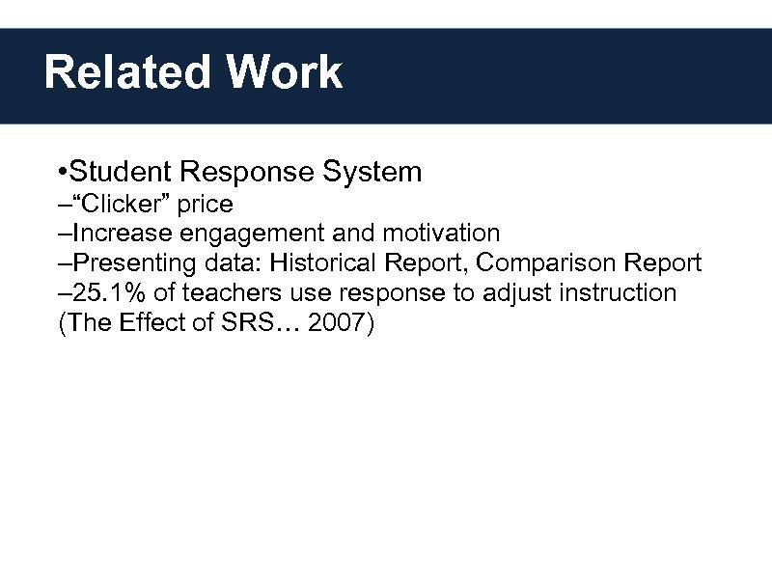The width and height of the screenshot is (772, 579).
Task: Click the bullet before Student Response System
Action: (x=61, y=173)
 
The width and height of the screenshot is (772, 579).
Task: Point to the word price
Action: (x=205, y=205)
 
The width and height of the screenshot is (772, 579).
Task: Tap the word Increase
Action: (x=119, y=234)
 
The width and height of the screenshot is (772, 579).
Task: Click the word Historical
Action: (x=335, y=263)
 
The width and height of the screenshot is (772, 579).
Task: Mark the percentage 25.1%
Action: (x=111, y=292)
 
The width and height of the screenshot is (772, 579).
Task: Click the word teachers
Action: (x=228, y=292)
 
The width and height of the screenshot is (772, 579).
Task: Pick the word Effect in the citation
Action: (x=152, y=322)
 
